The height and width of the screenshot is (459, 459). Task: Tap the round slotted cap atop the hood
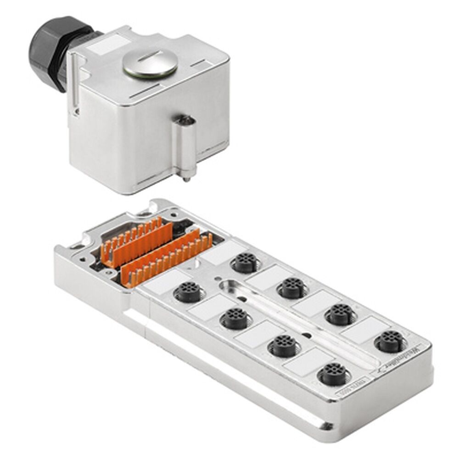pyautogui.click(x=150, y=64)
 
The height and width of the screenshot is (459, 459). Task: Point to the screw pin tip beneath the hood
pyautogui.click(x=185, y=178)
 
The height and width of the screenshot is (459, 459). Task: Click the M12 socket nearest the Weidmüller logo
pyautogui.click(x=389, y=341)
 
